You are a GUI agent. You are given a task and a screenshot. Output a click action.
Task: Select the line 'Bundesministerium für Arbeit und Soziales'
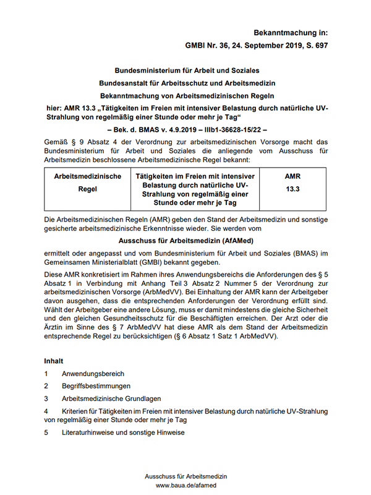187,71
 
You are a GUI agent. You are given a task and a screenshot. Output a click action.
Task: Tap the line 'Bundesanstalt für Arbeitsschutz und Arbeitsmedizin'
187,83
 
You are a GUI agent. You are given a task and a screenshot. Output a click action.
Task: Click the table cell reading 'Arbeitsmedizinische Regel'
88,183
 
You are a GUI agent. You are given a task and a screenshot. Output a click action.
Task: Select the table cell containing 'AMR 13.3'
292,183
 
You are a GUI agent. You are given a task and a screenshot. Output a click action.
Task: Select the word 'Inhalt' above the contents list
54,360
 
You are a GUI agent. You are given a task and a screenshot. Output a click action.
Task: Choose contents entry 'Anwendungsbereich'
93,374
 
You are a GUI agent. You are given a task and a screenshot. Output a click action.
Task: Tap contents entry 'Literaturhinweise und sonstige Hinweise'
123,433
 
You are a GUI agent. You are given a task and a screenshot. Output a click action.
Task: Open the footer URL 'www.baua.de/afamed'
186,486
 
